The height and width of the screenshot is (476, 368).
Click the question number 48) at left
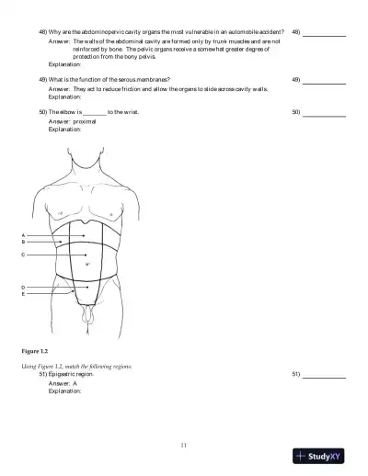coord(43,31)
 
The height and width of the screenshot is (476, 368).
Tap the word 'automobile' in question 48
coord(231,31)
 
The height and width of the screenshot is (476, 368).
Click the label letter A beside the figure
coord(23,235)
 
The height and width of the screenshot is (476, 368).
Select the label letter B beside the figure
coord(23,242)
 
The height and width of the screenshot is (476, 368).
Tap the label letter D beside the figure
coord(23,288)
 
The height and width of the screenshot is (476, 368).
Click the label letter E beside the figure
coord(23,294)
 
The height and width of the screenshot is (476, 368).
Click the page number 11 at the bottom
coord(184,446)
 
